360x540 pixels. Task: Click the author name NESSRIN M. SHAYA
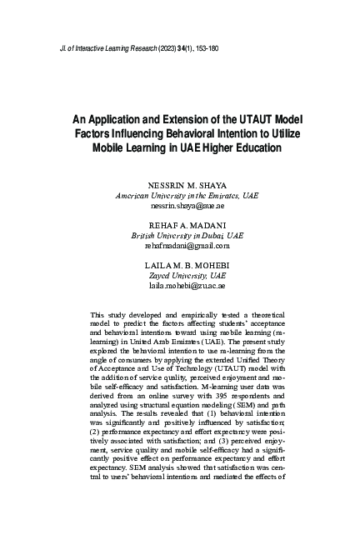coord(187,184)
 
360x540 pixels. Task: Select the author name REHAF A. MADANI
coord(187,225)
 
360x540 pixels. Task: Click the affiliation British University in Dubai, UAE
coord(187,235)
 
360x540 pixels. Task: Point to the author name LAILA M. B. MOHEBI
coord(187,265)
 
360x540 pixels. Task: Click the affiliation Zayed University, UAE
coord(187,275)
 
